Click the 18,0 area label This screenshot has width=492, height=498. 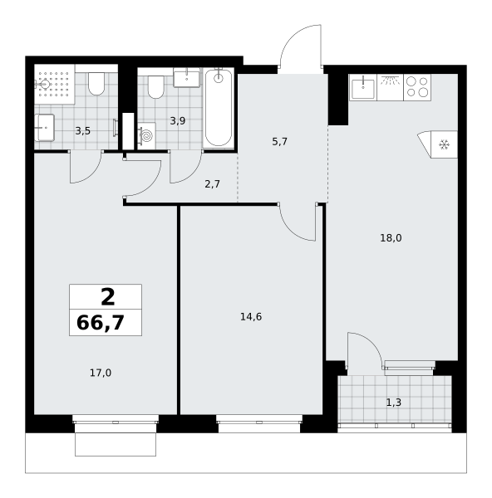391,238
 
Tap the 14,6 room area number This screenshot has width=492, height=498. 251,317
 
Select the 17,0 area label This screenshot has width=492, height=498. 101,373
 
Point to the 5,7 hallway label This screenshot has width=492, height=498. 279,142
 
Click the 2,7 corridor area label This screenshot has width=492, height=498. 213,184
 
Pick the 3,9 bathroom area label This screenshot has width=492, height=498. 178,120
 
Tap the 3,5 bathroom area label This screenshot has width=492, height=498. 82,131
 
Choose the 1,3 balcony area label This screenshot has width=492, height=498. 394,403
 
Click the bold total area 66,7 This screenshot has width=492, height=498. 101,323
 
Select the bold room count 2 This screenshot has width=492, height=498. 108,297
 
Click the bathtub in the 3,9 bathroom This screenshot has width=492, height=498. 219,107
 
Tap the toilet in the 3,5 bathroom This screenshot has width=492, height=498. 96,84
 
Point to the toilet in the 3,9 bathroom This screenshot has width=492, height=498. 156,87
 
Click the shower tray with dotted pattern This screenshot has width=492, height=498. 54,84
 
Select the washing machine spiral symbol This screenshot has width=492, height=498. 147,136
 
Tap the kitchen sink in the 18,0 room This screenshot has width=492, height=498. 363,88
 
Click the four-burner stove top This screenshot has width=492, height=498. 417,87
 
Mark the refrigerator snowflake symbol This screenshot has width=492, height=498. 444,144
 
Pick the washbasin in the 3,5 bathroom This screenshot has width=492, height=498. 45,128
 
